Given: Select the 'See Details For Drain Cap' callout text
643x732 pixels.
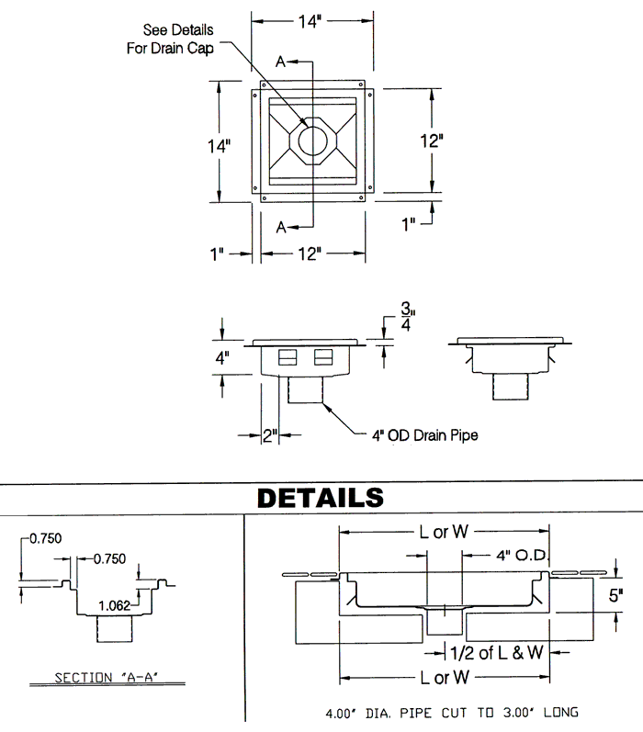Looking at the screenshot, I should click(170, 39).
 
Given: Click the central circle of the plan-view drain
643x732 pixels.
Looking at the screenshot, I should click(312, 141).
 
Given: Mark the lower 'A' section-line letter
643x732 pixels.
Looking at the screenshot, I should click(281, 227).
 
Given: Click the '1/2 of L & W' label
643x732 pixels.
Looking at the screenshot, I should click(499, 652).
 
